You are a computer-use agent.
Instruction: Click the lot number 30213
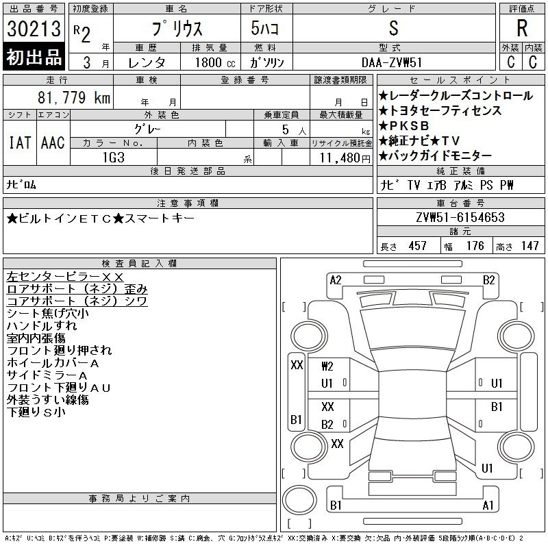tap(34, 29)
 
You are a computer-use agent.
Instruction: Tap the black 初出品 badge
tap(34, 57)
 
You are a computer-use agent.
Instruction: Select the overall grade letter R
tap(522, 28)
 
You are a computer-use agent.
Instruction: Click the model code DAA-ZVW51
tap(392, 62)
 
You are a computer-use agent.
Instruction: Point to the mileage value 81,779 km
tap(74, 97)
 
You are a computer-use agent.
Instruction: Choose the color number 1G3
tap(114, 158)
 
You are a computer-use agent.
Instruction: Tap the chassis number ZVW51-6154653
tap(460, 217)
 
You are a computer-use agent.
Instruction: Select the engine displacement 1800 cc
tap(215, 62)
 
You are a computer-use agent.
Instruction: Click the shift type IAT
tap(20, 142)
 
